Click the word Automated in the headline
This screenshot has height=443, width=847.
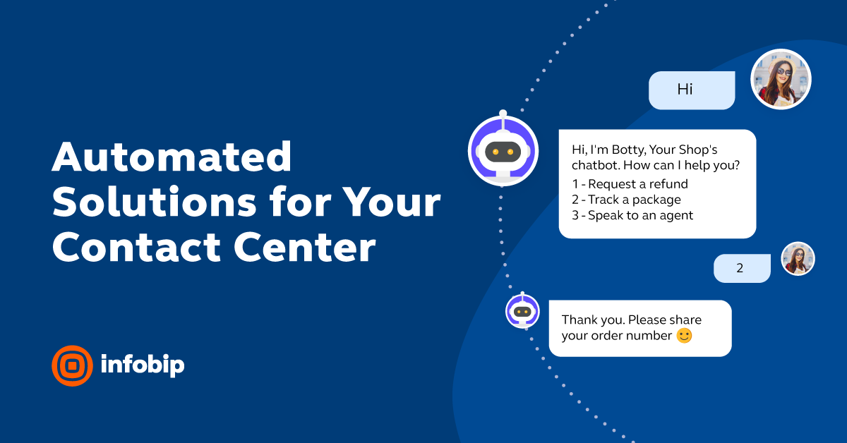tap(172, 158)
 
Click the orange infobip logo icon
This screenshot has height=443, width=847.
tap(72, 365)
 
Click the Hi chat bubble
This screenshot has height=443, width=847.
tap(692, 90)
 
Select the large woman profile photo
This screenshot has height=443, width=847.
tap(781, 79)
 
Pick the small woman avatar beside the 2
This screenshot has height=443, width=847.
tap(798, 259)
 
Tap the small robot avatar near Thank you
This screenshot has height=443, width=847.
tap(522, 311)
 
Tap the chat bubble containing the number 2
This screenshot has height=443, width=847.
tap(741, 268)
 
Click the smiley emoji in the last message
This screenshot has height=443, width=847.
tap(684, 336)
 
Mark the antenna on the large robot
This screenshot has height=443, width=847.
tap(503, 114)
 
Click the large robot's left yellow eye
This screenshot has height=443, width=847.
tap(495, 152)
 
